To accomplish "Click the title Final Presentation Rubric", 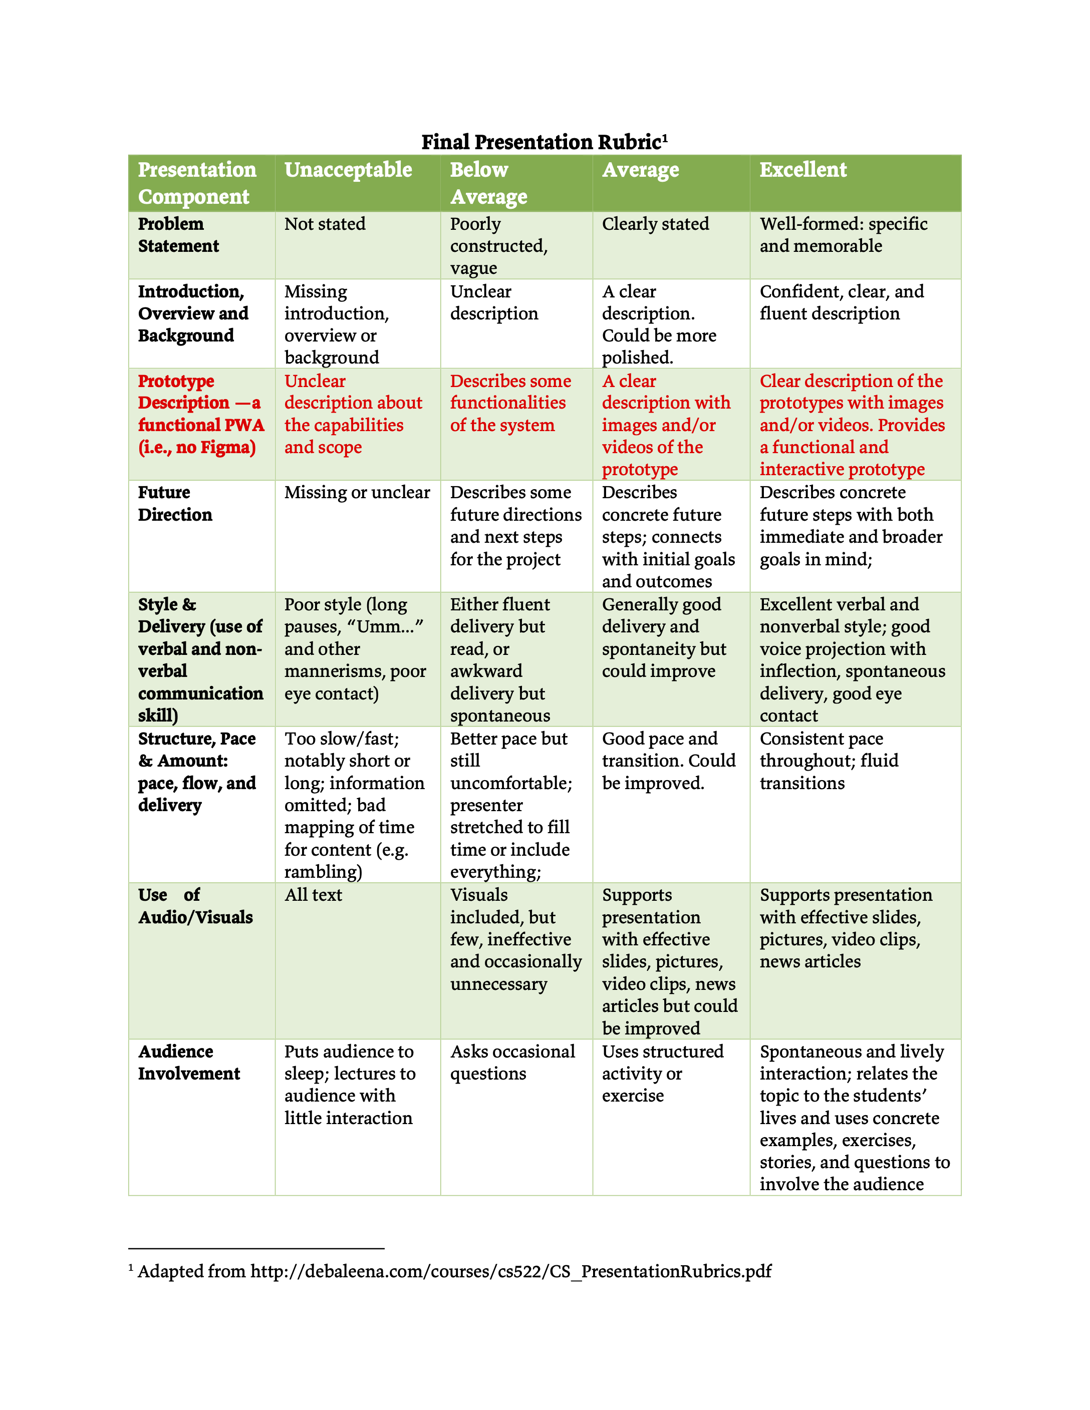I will [x=544, y=141].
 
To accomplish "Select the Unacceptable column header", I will [x=348, y=170].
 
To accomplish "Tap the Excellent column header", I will [x=802, y=170].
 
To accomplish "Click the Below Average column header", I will [x=488, y=183].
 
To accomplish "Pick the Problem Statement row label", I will [x=178, y=235].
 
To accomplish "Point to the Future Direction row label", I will [x=175, y=504].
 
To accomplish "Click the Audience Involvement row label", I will [x=188, y=1063].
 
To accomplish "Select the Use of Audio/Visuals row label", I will [x=195, y=906].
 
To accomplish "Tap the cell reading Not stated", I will [x=325, y=224].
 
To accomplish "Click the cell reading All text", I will [x=313, y=895].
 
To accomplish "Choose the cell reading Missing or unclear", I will [x=357, y=493].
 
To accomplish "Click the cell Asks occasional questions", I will [x=512, y=1063].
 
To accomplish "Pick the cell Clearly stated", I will [x=655, y=224].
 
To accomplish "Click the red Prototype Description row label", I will [x=201, y=414].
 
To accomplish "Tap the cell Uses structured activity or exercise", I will [x=663, y=1074].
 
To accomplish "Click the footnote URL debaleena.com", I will [x=510, y=1271].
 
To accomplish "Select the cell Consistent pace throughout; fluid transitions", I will [x=829, y=761].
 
